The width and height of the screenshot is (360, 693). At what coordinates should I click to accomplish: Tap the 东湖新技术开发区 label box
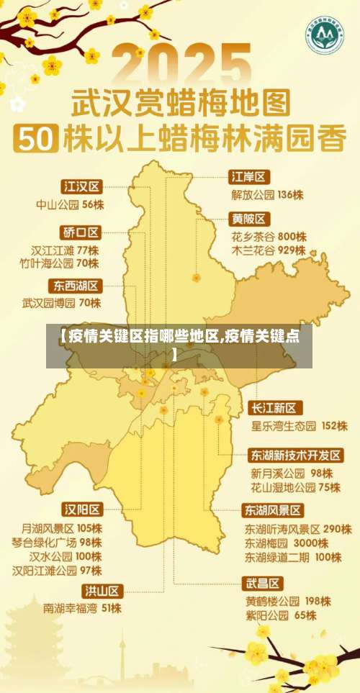pos(296,456)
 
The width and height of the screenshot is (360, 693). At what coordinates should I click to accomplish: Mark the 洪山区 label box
pos(102,591)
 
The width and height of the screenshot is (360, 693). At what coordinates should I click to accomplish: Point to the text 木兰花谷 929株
pos(269,251)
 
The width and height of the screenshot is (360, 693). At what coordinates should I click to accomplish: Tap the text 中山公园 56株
pos(71,204)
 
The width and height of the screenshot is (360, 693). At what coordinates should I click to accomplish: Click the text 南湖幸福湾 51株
pos(82,608)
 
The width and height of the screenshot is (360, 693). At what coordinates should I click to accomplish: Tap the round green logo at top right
pos(323,33)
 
